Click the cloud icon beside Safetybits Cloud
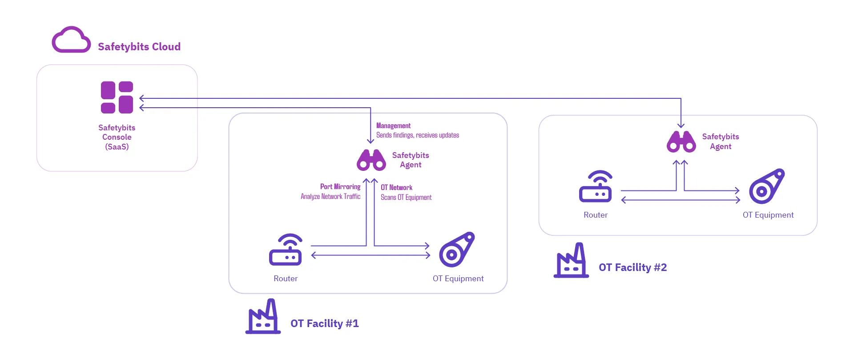[71, 40]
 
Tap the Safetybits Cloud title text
[139, 47]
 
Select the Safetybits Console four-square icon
[117, 97]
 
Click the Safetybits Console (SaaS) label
[117, 137]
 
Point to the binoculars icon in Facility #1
[371, 160]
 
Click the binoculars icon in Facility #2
[681, 142]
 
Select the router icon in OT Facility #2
[596, 186]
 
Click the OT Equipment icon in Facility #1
[457, 250]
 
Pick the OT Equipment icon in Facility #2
[767, 186]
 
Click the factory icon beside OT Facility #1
[263, 316]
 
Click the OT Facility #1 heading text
[324, 324]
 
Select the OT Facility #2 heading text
[632, 267]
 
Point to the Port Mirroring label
[340, 187]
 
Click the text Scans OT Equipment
[406, 198]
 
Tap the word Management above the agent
[393, 126]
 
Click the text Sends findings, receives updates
[418, 135]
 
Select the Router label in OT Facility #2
[596, 215]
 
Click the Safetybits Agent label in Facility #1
[411, 160]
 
